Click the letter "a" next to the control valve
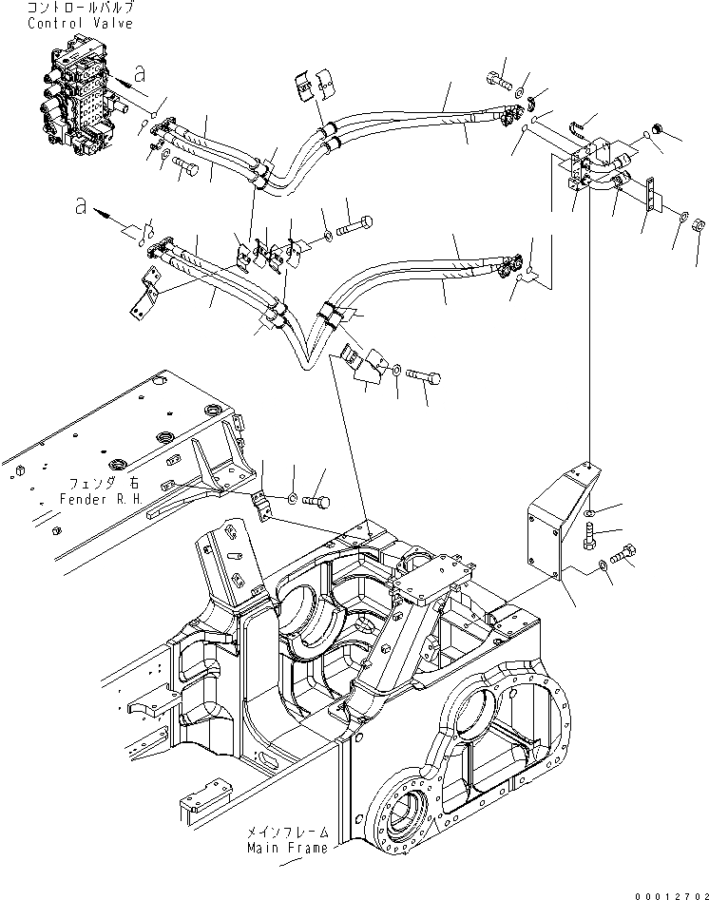pos(139,71)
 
